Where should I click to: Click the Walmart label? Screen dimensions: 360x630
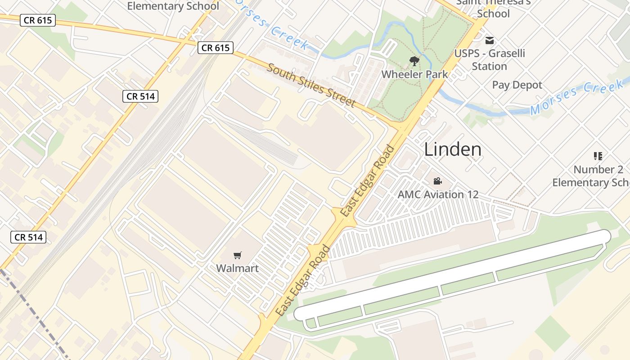pyautogui.click(x=237, y=269)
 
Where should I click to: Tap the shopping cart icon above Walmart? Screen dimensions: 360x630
pyautogui.click(x=238, y=256)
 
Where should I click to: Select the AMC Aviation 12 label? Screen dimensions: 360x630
pyautogui.click(x=437, y=194)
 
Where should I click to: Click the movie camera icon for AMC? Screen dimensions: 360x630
pyautogui.click(x=437, y=181)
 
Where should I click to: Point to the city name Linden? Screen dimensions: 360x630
pyautogui.click(x=453, y=149)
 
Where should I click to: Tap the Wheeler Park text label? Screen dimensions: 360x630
pyautogui.click(x=414, y=74)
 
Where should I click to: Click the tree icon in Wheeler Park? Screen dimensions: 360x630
pyautogui.click(x=414, y=61)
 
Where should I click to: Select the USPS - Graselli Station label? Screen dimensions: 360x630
pyautogui.click(x=489, y=59)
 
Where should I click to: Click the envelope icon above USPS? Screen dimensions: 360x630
pyautogui.click(x=490, y=40)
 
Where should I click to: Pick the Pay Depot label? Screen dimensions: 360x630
pyautogui.click(x=517, y=85)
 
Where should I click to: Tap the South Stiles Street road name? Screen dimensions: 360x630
pyautogui.click(x=311, y=85)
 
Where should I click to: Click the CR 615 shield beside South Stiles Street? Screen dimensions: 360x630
pyautogui.click(x=216, y=48)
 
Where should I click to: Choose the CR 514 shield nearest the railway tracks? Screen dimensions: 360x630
pyautogui.click(x=140, y=96)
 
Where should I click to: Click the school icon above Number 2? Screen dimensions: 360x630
pyautogui.click(x=598, y=156)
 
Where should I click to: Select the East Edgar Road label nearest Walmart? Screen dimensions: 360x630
pyautogui.click(x=302, y=280)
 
